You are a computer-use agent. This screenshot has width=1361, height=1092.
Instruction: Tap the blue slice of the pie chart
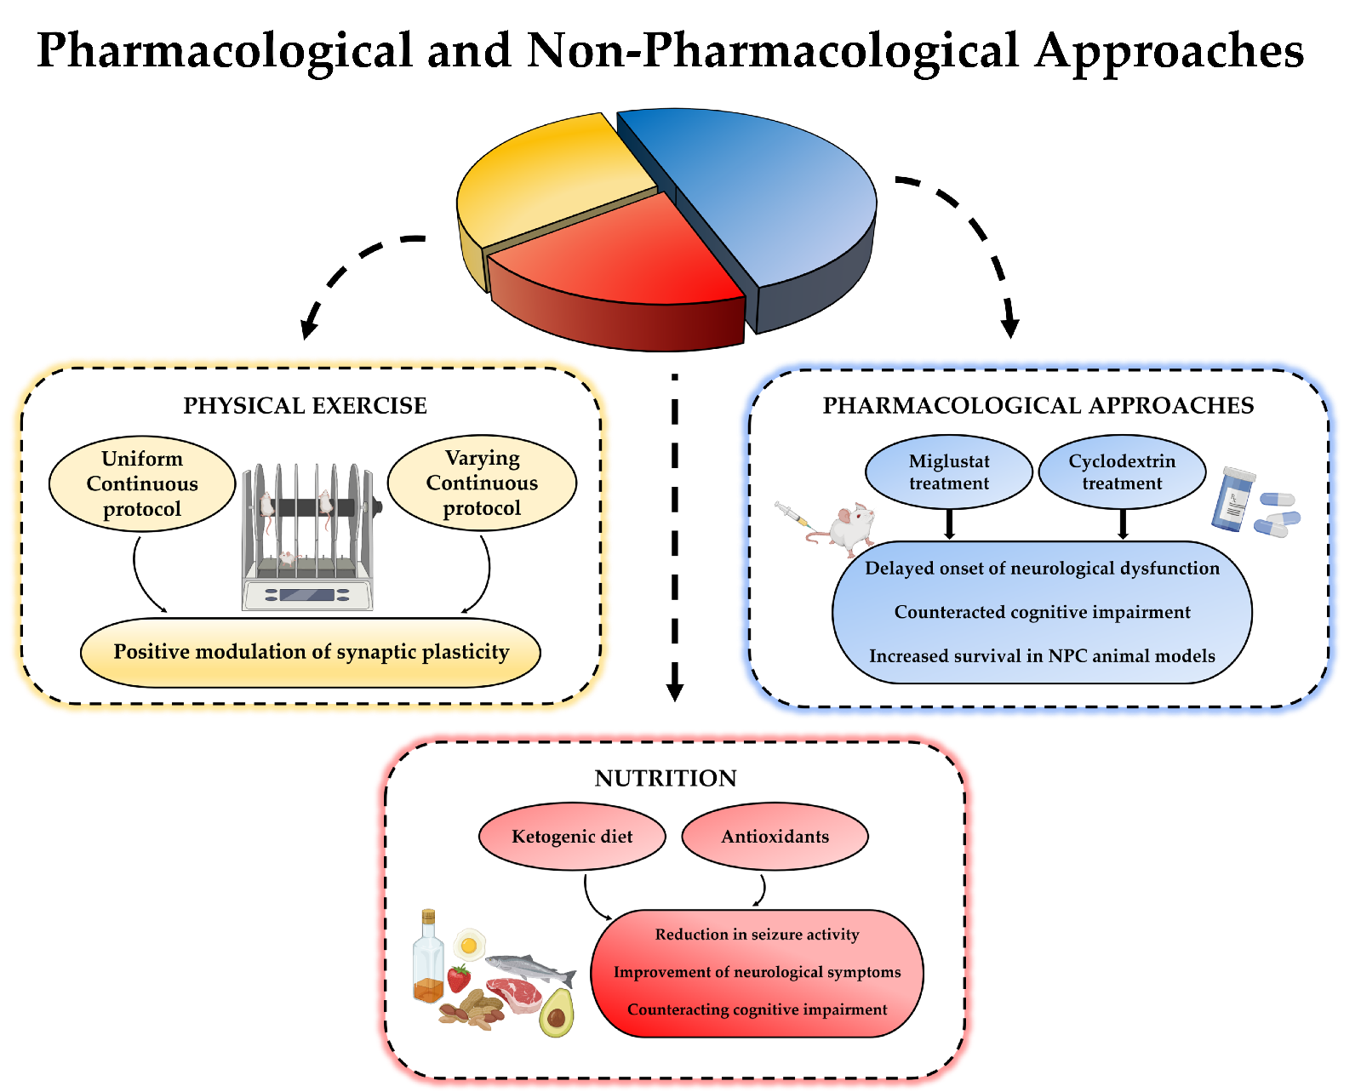click(766, 196)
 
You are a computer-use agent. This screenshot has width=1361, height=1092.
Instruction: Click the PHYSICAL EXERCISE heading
click(305, 406)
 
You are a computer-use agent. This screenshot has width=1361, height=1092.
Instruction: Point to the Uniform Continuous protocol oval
click(142, 484)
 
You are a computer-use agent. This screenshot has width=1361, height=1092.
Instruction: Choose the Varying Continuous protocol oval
click(482, 483)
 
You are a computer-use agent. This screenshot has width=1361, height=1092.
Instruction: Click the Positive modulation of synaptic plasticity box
click(311, 652)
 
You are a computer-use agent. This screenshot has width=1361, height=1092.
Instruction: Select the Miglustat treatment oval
click(949, 472)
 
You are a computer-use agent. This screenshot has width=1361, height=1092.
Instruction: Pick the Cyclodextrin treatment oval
click(1122, 472)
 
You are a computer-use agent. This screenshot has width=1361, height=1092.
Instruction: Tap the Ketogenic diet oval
click(572, 837)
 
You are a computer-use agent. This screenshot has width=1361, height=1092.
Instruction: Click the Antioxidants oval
click(775, 837)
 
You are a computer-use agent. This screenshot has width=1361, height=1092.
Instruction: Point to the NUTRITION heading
click(666, 778)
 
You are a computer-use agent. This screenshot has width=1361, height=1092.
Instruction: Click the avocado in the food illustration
click(557, 1013)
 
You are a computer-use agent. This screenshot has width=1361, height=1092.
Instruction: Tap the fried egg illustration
click(469, 944)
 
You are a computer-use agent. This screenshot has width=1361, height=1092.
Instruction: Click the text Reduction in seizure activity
click(757, 935)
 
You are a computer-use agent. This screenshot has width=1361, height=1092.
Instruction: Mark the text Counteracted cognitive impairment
click(1042, 612)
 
